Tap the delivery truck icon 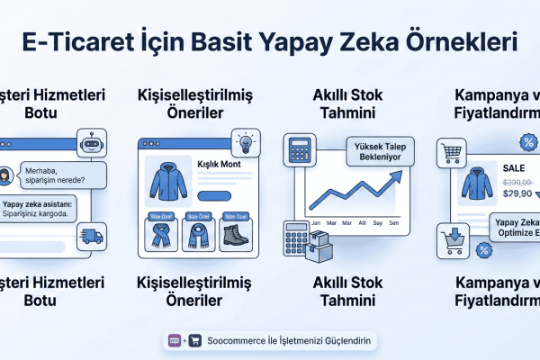(x=92, y=236)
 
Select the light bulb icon (x=245, y=143)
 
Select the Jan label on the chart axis (x=315, y=221)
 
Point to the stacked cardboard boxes (x=321, y=245)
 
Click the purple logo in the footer (x=175, y=341)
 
